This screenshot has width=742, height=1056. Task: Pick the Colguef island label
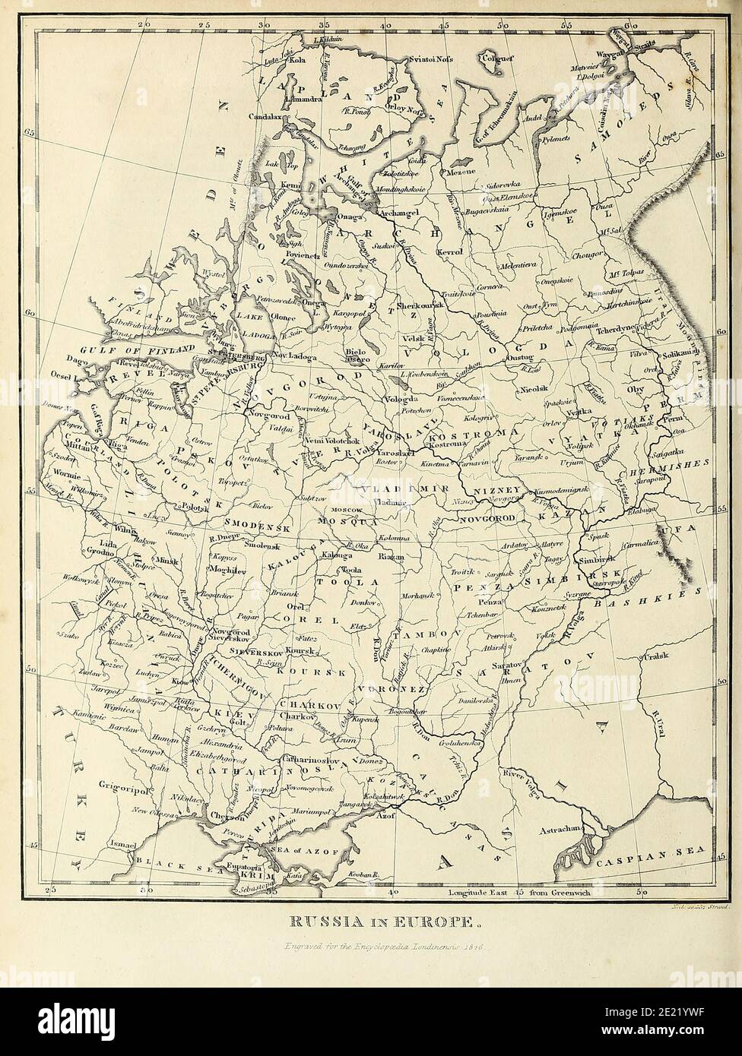[492, 55]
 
